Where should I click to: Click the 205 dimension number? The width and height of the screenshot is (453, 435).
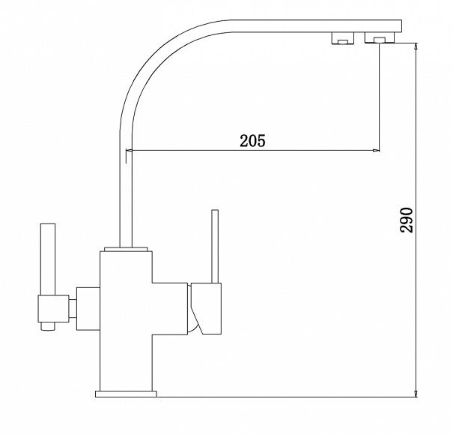(252, 141)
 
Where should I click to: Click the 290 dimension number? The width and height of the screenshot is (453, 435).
(407, 220)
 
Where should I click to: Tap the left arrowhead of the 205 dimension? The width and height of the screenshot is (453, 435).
(129, 150)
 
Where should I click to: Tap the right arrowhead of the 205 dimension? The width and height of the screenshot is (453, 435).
(376, 150)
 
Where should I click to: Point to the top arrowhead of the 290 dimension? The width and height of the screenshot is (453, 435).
(416, 46)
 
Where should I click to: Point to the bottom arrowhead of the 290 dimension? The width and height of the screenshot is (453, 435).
(416, 393)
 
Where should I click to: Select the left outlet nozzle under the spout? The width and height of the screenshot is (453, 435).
(343, 38)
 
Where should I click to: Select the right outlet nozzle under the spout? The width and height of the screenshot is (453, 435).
(380, 37)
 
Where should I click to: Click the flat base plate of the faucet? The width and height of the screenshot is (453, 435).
(126, 394)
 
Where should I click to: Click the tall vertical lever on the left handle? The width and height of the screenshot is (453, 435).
(48, 259)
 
